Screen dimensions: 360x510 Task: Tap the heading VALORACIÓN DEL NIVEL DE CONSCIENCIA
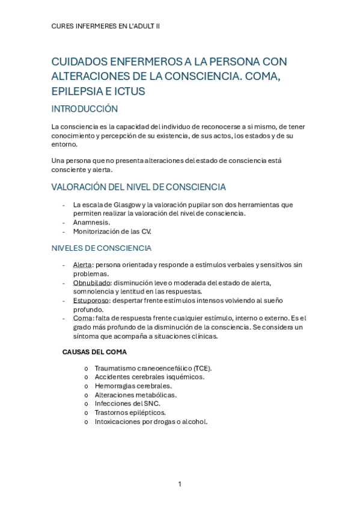click(138, 187)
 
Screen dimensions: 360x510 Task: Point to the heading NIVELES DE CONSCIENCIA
click(101, 248)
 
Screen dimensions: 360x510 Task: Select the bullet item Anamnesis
click(91, 222)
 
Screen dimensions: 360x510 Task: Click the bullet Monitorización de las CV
click(112, 231)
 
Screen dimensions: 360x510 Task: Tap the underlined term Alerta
click(82, 265)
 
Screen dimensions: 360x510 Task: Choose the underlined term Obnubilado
click(92, 283)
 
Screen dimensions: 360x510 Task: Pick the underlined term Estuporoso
click(91, 300)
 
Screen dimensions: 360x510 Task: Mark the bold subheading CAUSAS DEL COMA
click(94, 352)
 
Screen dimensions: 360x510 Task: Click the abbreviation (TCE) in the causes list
click(202, 368)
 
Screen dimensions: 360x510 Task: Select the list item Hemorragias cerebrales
click(133, 386)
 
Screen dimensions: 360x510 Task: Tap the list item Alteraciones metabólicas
click(135, 395)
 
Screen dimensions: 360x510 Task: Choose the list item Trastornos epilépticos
click(130, 413)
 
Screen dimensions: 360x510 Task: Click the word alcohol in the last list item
click(194, 422)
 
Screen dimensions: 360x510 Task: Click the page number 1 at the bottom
click(180, 484)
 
